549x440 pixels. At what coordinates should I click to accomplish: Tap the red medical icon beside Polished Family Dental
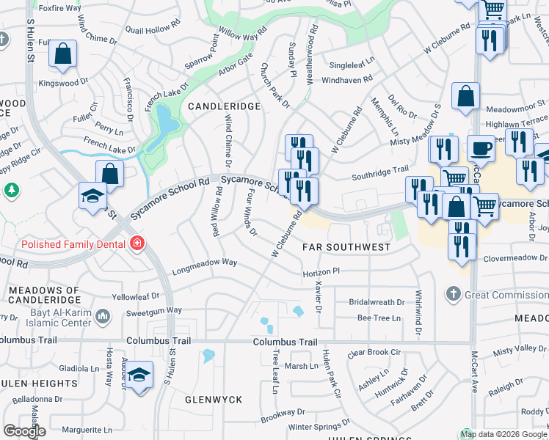click(137, 243)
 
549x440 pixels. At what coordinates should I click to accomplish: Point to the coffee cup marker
click(481, 149)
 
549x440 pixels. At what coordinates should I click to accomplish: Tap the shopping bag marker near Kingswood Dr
click(63, 53)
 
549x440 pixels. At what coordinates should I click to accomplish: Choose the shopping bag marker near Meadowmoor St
click(465, 96)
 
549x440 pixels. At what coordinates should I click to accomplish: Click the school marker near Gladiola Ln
click(139, 375)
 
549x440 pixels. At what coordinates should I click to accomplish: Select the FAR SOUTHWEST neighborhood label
click(346, 247)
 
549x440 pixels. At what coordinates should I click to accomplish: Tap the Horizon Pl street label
click(321, 271)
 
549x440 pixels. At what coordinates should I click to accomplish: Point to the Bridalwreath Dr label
click(377, 302)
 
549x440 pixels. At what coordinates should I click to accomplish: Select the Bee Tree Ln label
click(379, 318)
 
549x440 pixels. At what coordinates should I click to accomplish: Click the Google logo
click(24, 430)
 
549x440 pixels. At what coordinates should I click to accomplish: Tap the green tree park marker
click(12, 191)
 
